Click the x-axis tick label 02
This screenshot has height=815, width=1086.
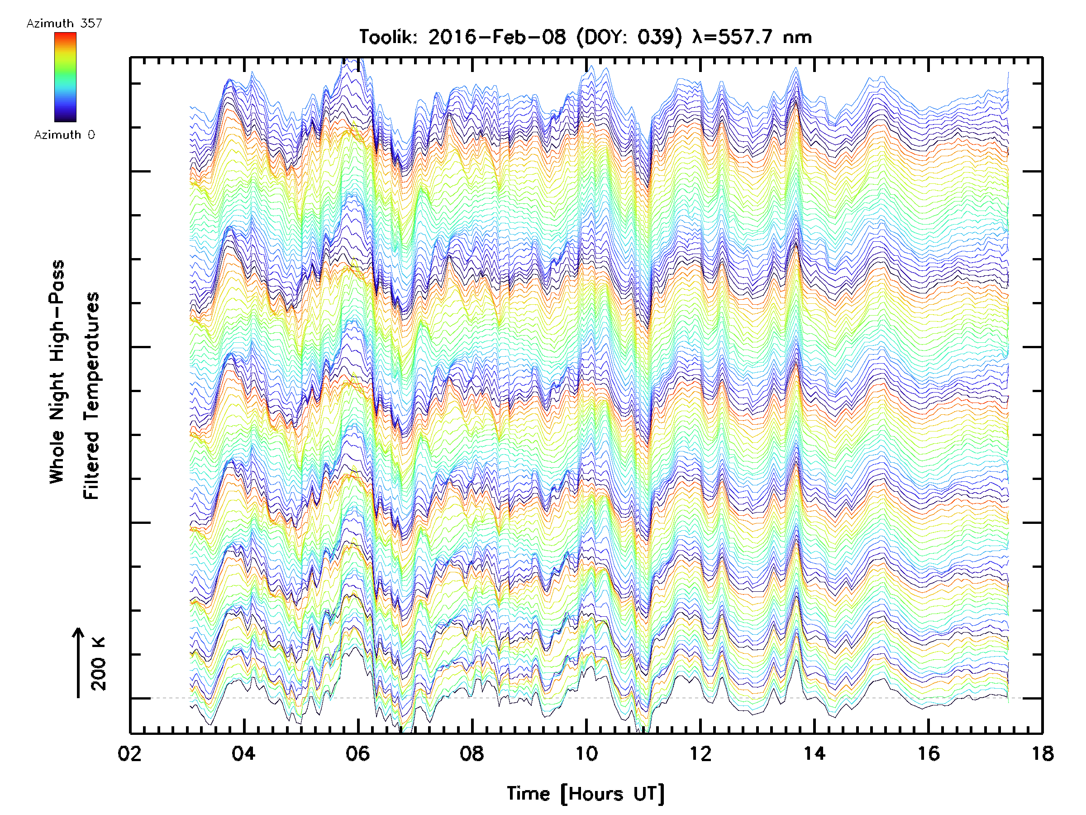(129, 753)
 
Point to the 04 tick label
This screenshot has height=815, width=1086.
(243, 753)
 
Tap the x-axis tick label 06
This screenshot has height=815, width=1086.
(357, 753)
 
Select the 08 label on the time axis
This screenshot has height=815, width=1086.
(472, 753)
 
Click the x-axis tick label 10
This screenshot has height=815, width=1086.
(586, 753)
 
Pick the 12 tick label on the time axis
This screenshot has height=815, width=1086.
(700, 753)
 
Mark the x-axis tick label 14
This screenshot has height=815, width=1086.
(814, 753)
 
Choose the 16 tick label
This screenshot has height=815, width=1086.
(929, 753)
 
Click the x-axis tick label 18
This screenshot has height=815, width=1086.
(1042, 753)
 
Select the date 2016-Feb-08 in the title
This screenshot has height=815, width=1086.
(497, 37)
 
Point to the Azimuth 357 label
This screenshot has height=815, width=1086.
(64, 23)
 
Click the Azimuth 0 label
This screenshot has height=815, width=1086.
(64, 134)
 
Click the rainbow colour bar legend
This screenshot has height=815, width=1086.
(65, 77)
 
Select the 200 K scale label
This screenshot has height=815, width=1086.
(98, 663)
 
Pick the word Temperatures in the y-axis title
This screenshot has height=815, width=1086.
(91, 395)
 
